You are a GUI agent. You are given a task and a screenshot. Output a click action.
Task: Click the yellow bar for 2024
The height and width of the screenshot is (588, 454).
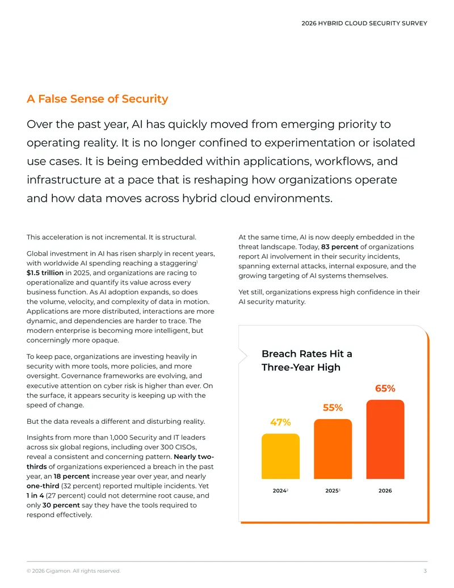coord(280,456)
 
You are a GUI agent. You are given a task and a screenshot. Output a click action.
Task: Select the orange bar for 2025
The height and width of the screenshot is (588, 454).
coord(333,449)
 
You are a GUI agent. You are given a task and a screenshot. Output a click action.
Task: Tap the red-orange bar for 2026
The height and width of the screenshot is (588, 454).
coord(385,439)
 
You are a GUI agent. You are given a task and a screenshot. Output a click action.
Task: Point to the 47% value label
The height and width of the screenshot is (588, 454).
coord(280,422)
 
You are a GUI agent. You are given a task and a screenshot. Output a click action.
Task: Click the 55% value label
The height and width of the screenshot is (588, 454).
coord(333,408)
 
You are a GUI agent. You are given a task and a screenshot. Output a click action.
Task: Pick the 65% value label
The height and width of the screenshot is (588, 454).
coord(385,389)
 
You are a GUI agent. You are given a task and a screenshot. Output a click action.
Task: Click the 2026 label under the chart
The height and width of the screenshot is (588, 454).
coord(385,490)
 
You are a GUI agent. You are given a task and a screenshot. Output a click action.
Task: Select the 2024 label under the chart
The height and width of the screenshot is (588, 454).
coord(280,490)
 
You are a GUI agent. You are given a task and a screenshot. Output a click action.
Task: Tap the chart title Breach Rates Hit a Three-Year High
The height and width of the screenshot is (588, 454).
coord(307,360)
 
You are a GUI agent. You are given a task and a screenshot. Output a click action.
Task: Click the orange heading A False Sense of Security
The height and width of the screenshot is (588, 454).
coord(98,99)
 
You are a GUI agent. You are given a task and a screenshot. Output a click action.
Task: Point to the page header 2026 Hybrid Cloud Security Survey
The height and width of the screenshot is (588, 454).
coord(364,23)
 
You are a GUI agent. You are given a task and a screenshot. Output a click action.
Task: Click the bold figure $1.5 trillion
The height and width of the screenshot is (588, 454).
coord(45,273)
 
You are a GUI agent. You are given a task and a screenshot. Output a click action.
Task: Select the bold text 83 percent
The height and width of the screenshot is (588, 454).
coord(340,247)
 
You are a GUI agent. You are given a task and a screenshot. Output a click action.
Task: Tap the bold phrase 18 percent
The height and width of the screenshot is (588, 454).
coord(72,476)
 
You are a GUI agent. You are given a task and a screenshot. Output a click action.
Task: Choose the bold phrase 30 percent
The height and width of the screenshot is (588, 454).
coord(61,505)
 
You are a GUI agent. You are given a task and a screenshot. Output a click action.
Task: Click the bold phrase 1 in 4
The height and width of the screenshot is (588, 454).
coord(35,495)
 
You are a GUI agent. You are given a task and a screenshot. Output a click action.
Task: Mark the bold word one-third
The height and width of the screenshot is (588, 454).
coord(43,486)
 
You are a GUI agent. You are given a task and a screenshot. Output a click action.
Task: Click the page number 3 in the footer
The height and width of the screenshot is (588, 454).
coord(425,571)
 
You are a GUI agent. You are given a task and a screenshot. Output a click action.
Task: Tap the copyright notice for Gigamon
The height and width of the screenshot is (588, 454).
coord(73,571)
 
